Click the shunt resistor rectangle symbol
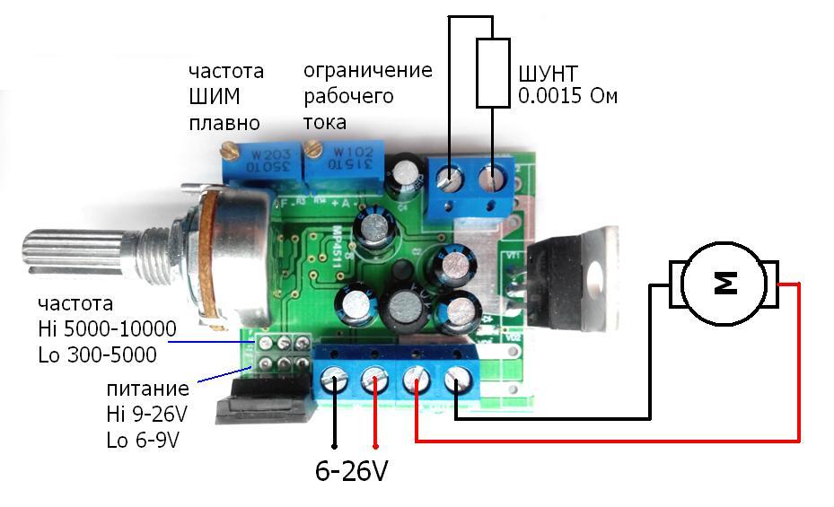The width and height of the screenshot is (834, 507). [492, 73]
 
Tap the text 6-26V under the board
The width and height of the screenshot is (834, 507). [350, 470]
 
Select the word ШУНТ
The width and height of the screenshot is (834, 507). [548, 74]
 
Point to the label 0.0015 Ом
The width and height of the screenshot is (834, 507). [567, 96]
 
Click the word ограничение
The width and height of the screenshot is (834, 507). [367, 71]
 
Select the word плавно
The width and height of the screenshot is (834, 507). [224, 123]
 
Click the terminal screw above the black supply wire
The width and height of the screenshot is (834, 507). [335, 383]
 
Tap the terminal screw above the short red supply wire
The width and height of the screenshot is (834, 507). [374, 384]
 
